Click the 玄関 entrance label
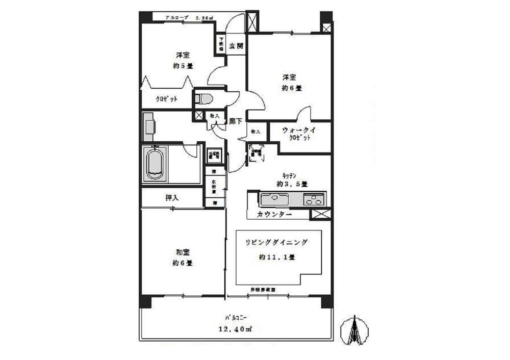[x=236, y=46]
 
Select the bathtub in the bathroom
[x=156, y=164]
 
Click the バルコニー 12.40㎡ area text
[x=236, y=329]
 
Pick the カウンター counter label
[x=275, y=215]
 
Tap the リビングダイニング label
[x=276, y=243]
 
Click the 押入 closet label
[x=172, y=198]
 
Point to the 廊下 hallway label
[x=235, y=122]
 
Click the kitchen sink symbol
[x=274, y=199]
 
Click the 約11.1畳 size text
[x=276, y=258]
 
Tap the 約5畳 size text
[x=182, y=66]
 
